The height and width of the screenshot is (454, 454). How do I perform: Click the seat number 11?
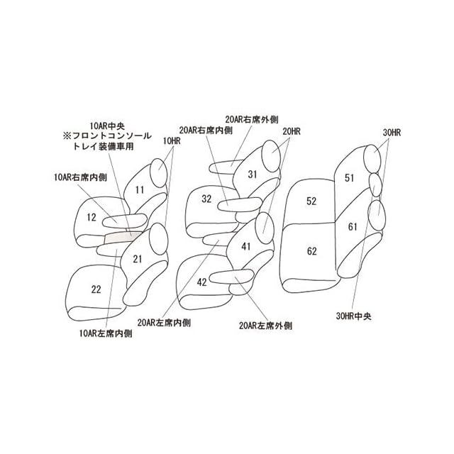pyautogui.click(x=139, y=189)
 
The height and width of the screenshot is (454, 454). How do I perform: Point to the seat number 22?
pyautogui.click(x=96, y=289)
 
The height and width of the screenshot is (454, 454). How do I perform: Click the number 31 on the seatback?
pyautogui.click(x=253, y=174)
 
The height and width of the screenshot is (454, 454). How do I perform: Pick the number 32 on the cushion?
pyautogui.click(x=206, y=199)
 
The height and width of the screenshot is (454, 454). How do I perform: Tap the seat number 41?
pyautogui.click(x=245, y=246)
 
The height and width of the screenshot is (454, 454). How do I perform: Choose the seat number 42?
pyautogui.click(x=202, y=282)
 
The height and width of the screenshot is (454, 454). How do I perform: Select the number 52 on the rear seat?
pyautogui.click(x=311, y=201)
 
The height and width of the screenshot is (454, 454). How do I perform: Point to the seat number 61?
pyautogui.click(x=353, y=226)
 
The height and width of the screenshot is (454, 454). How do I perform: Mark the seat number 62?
pyautogui.click(x=311, y=251)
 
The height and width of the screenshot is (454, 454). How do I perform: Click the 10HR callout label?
pyautogui.click(x=172, y=141)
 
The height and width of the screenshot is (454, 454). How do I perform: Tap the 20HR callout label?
pyautogui.click(x=292, y=131)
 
